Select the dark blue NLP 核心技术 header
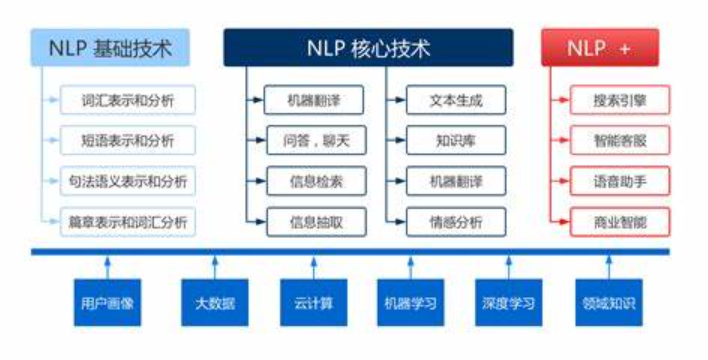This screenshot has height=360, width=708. [x=368, y=48]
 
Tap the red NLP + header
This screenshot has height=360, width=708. [x=600, y=48]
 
